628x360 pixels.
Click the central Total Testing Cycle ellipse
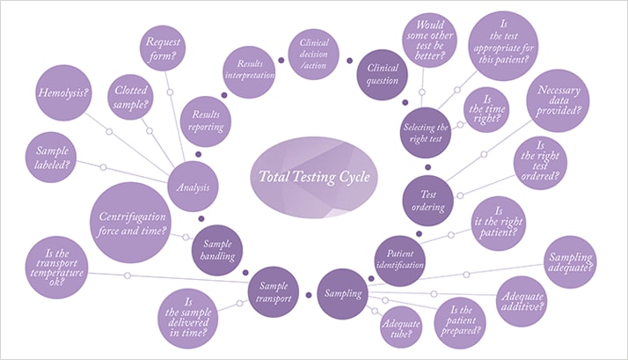pos(314,176)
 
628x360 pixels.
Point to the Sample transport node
pos(275,288)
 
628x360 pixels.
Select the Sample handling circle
pos(216,249)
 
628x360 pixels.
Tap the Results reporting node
pos(205,121)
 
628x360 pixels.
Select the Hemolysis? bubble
pos(61,92)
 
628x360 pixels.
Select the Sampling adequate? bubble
pos(572,256)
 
